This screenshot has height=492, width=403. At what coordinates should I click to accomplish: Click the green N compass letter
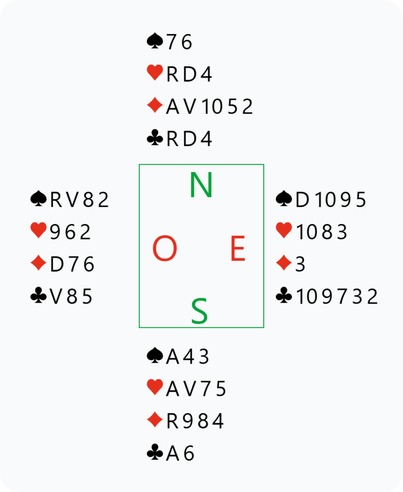(201, 184)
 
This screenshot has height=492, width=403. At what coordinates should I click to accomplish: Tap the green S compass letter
(199, 311)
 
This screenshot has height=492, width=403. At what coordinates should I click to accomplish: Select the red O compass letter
(165, 250)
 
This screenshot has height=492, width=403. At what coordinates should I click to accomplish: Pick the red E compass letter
(238, 250)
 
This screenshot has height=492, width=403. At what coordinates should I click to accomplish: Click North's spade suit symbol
(155, 42)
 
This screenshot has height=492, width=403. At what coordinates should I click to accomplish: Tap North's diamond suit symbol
(155, 106)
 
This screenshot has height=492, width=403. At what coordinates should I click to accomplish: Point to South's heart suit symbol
(155, 388)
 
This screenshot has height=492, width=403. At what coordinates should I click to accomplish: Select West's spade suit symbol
(38, 199)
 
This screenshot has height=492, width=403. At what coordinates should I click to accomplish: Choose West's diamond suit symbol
(38, 264)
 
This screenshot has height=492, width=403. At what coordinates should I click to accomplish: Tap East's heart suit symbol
(284, 232)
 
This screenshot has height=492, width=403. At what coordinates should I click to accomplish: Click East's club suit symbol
(284, 296)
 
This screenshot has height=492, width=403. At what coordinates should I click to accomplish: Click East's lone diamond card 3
(300, 264)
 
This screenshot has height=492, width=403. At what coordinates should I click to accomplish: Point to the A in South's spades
(172, 357)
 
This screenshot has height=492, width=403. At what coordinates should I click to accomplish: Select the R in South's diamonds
(172, 421)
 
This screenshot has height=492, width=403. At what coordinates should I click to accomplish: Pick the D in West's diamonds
(57, 264)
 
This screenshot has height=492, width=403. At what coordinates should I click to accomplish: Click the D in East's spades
(302, 199)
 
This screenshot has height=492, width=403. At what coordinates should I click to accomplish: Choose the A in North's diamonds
(172, 107)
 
